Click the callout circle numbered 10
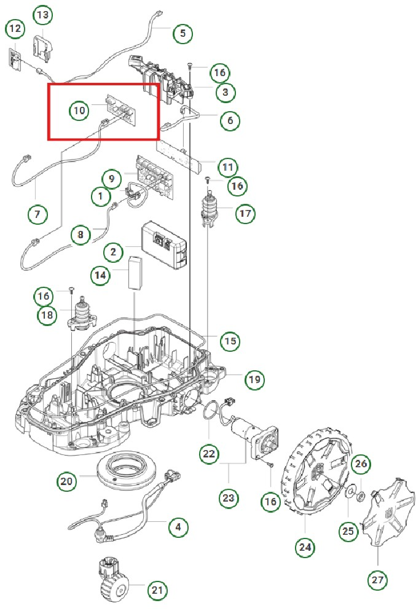pos(79,111)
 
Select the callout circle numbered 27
pos(379,578)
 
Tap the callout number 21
pos(158,591)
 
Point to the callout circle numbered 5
pos(182,33)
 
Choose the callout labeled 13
pos(42,14)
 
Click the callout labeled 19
pos(254,380)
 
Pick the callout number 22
pos(209,454)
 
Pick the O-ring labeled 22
pos(213,413)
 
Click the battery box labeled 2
pos(162,245)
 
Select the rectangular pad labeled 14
pos(135,274)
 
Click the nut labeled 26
pos(361,494)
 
